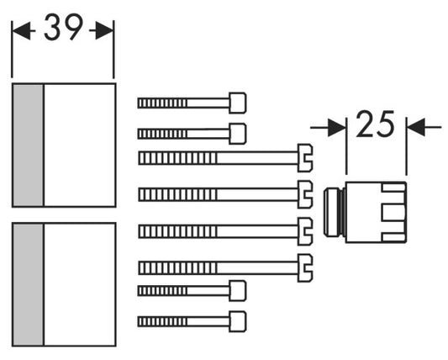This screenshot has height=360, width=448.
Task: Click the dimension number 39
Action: point(63,28)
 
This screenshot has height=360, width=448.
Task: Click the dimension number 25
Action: point(376,124)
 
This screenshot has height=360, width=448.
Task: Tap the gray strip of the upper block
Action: point(28,145)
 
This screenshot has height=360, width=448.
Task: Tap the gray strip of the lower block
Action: point(28,284)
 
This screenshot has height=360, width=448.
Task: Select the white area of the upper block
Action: point(80,145)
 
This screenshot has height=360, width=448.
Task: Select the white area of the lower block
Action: point(80,284)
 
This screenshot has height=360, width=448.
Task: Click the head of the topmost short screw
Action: point(237,103)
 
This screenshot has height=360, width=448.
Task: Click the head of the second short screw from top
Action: point(237,134)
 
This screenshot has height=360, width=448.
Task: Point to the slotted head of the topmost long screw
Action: point(305,158)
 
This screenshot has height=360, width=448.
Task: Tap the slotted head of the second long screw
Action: point(305,194)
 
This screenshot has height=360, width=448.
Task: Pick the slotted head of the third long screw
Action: point(305,231)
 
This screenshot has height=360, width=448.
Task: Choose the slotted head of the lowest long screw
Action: point(305,268)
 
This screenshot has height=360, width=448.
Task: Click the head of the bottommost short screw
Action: point(237,321)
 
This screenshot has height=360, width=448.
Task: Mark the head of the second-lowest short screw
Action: point(237,291)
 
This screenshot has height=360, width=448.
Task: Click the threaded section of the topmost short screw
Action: point(162,103)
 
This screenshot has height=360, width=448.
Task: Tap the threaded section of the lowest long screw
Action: point(177,268)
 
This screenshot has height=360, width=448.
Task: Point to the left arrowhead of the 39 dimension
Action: point(20,30)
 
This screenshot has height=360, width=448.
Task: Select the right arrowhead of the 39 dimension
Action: point(104,30)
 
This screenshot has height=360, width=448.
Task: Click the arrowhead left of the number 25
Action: point(337,128)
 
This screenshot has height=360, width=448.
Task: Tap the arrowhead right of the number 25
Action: point(416,127)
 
